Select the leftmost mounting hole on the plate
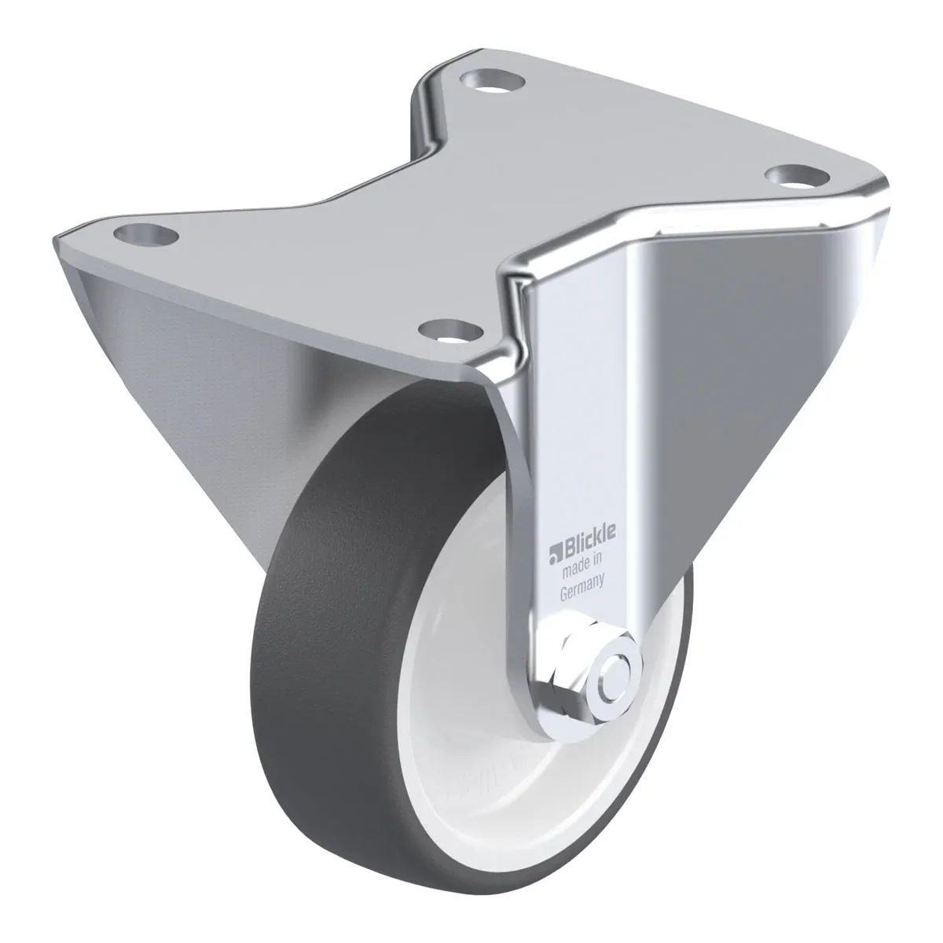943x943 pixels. [146, 234]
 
